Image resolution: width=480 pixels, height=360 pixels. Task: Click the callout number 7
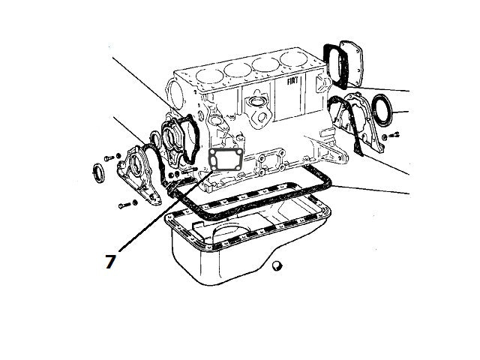click(x=110, y=261)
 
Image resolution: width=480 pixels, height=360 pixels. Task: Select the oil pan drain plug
click(x=278, y=265)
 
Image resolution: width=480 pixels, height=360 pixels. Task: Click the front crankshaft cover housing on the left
click(x=140, y=171)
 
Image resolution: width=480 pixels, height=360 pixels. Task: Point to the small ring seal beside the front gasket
click(x=156, y=138)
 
